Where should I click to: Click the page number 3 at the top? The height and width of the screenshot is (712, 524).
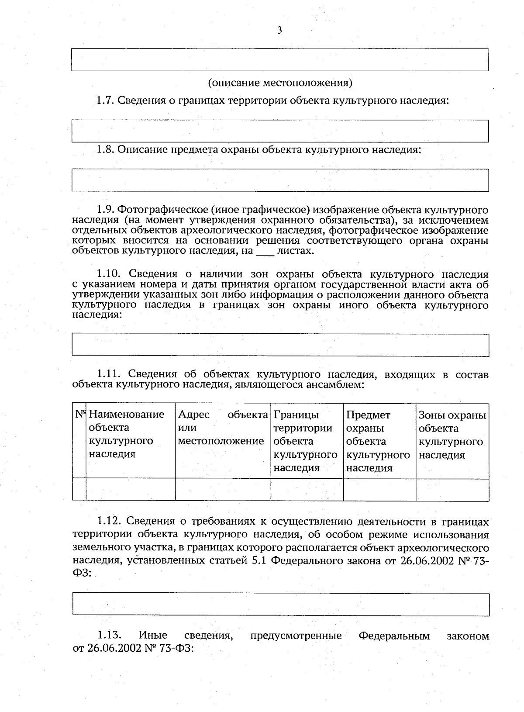(x=279, y=31)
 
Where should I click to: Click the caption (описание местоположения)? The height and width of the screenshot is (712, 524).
(x=280, y=83)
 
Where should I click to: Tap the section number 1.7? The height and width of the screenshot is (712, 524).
(x=105, y=100)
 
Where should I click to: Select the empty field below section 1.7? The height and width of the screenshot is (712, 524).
(x=280, y=131)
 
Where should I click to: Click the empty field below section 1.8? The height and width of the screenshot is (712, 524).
(x=280, y=180)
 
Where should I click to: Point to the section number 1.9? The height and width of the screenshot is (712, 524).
(x=105, y=210)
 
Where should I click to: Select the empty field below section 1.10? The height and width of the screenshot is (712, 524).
(x=280, y=345)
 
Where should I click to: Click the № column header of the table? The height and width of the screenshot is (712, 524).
(x=79, y=414)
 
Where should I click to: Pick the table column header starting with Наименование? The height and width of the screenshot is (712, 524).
(x=127, y=434)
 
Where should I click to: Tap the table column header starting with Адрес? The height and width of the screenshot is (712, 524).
(x=222, y=428)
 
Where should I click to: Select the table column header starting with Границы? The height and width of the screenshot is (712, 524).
(x=306, y=441)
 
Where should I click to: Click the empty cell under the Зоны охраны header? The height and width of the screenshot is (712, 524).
(x=452, y=489)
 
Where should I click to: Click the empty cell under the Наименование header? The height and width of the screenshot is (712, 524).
(x=130, y=489)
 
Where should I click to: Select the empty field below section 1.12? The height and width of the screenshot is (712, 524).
(x=280, y=604)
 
